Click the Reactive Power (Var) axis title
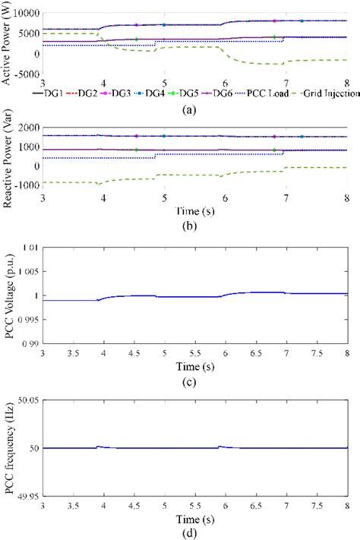coord(7,158)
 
